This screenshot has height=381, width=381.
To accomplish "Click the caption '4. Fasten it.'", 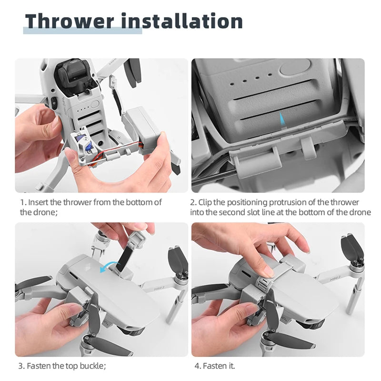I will click(x=215, y=366).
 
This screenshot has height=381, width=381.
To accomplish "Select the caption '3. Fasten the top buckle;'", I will click(x=62, y=366).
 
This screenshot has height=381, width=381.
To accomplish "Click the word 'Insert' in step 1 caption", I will click(x=39, y=202).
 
